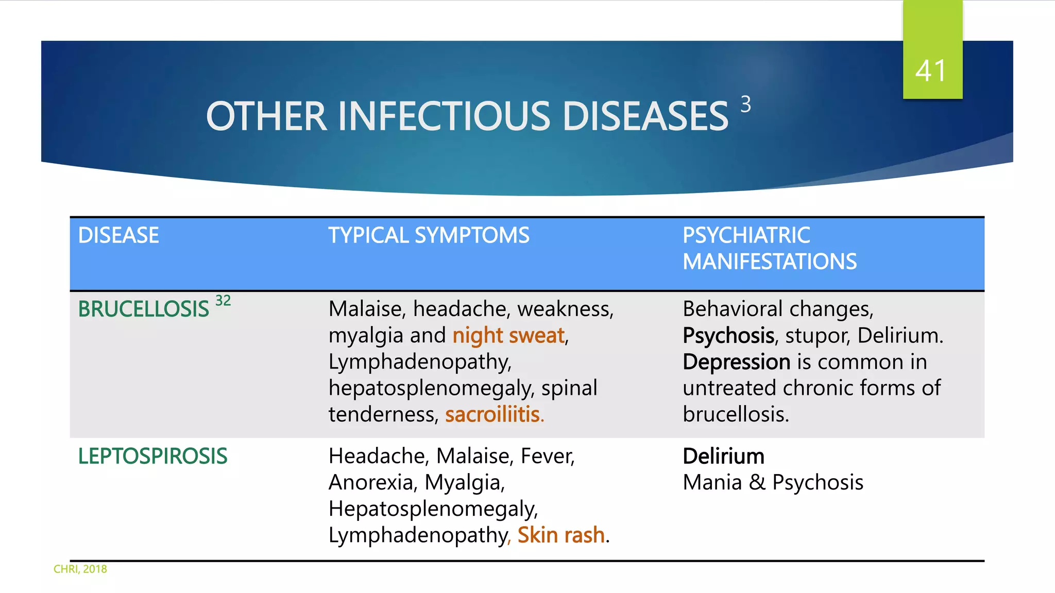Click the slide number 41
931,71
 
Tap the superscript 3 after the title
745,104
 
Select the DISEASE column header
118,235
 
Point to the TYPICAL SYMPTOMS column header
429,235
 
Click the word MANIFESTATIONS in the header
770,261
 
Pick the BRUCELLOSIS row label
143,309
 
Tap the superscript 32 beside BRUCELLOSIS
223,301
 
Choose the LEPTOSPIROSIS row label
152,457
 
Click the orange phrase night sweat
508,336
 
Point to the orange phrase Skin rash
560,535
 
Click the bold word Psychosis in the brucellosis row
728,336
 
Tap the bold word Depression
736,362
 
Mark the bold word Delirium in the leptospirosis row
723,457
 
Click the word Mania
712,483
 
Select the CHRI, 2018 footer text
80,569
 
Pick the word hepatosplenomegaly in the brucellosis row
431,389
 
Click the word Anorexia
371,483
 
